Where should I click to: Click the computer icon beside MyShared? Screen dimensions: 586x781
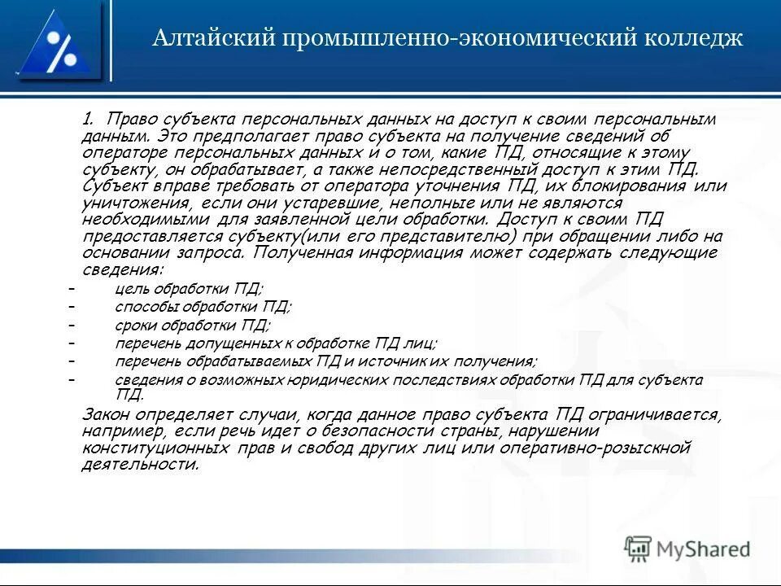639,549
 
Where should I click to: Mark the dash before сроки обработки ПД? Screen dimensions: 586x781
72,324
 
